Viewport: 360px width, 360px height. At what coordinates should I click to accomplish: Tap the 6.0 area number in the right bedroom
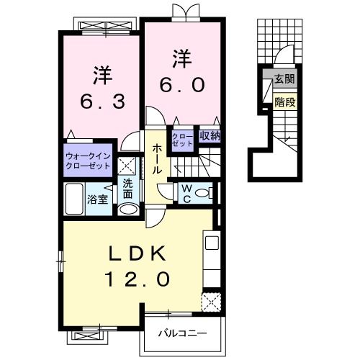tap(181, 84)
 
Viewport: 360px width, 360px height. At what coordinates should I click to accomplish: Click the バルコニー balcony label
tap(183, 334)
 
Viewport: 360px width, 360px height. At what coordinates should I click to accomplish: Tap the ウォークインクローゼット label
tap(88, 160)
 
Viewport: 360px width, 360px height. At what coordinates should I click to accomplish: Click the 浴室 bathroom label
tap(98, 199)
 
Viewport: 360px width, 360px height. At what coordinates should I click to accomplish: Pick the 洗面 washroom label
tap(127, 188)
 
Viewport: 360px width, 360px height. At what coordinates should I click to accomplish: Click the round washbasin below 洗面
tap(127, 209)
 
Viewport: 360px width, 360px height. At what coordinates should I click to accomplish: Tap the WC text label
tap(184, 192)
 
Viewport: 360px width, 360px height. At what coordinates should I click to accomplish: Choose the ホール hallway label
tap(156, 158)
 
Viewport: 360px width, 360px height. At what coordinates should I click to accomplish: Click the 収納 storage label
tap(210, 135)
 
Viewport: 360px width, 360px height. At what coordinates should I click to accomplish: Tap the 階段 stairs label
tap(284, 102)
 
